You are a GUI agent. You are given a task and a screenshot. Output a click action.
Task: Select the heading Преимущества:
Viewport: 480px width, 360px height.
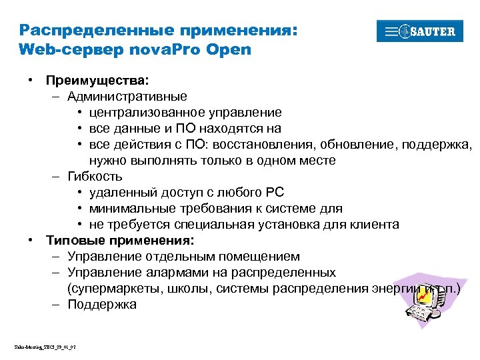(97, 81)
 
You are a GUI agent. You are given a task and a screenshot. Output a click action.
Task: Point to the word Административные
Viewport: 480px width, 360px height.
(127, 97)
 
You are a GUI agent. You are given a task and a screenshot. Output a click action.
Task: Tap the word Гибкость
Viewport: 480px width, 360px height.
(95, 177)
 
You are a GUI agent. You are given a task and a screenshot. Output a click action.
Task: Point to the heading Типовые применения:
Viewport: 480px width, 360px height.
(120, 240)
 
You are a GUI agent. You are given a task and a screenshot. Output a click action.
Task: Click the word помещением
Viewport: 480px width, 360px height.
(259, 257)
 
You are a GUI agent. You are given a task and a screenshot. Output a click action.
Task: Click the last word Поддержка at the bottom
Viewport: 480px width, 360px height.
(102, 305)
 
